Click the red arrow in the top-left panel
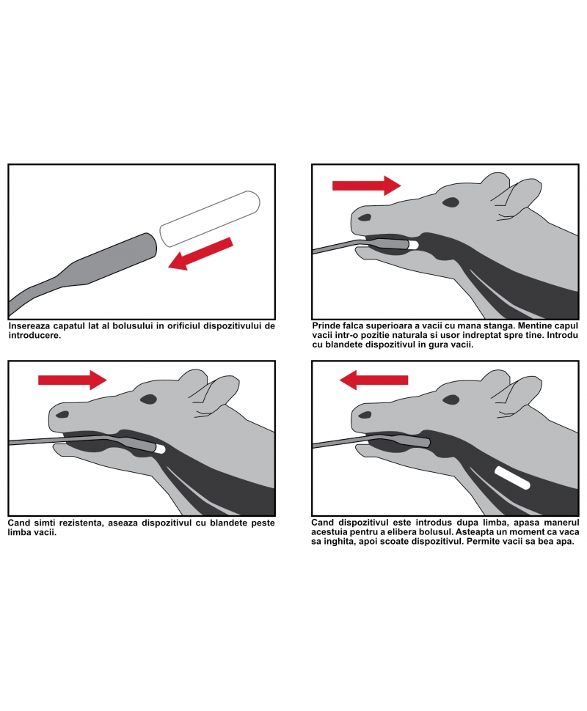tap(200, 254)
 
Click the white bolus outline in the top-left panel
tap(210, 218)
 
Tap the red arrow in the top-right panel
tap(367, 185)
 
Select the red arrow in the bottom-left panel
tap(73, 380)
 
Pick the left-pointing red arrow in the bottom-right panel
tap(373, 380)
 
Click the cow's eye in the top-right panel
tap(451, 202)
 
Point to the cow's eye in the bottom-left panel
tap(148, 399)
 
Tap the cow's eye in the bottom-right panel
tap(451, 399)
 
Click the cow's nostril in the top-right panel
tap(365, 217)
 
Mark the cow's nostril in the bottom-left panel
tap(62, 414)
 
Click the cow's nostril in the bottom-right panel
tap(365, 414)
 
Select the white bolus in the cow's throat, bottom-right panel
tap(513, 478)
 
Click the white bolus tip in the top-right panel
tap(413, 245)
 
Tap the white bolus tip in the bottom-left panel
tap(160, 449)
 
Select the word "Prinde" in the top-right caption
tap(326, 325)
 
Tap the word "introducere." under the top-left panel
tap(34, 336)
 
